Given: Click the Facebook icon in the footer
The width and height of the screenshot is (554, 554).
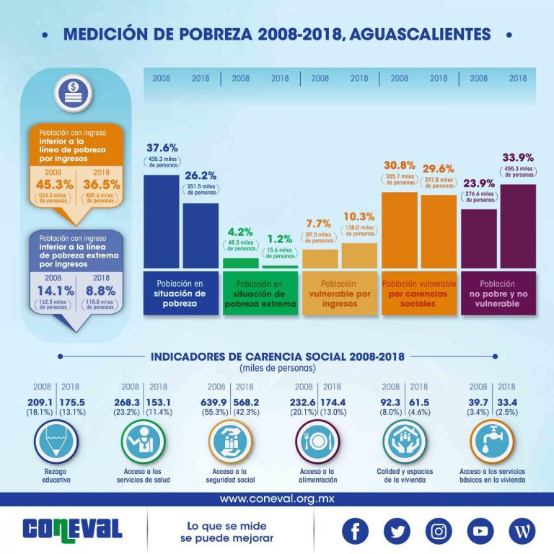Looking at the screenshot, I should [354, 531].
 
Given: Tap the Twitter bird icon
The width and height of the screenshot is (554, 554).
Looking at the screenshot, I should [397, 531].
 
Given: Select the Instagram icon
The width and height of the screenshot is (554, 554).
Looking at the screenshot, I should [438, 531].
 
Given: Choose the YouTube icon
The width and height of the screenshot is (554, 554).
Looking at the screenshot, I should [480, 531].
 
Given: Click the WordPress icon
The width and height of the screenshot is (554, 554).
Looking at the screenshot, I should [522, 531].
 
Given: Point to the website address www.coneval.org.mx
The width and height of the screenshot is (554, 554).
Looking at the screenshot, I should [276, 498].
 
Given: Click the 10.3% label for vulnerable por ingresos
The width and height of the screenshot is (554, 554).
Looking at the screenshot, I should [359, 216].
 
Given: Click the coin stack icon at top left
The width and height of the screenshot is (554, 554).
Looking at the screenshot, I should [75, 92].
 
